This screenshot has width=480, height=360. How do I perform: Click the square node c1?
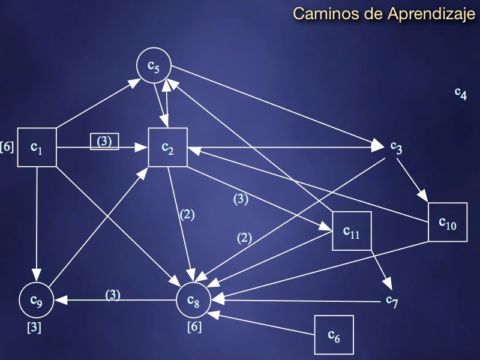[x=37, y=147]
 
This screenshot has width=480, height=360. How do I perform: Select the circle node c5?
[x=154, y=67]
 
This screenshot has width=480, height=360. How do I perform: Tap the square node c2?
[x=168, y=147]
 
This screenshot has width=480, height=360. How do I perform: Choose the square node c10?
[x=448, y=223]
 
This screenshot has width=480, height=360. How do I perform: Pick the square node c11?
[x=352, y=231]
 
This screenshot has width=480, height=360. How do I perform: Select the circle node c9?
[x=37, y=300]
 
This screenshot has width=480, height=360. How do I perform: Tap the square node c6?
[x=334, y=334]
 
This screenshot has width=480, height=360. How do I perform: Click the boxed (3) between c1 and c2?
[x=104, y=142]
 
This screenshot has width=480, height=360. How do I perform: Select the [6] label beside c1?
[x=7, y=146]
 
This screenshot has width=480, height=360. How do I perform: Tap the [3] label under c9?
[x=34, y=328]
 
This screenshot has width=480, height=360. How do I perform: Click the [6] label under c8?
[x=194, y=327]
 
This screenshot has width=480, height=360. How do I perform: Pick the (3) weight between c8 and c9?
[x=113, y=295]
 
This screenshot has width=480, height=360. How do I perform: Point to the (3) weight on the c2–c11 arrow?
[x=241, y=199]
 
